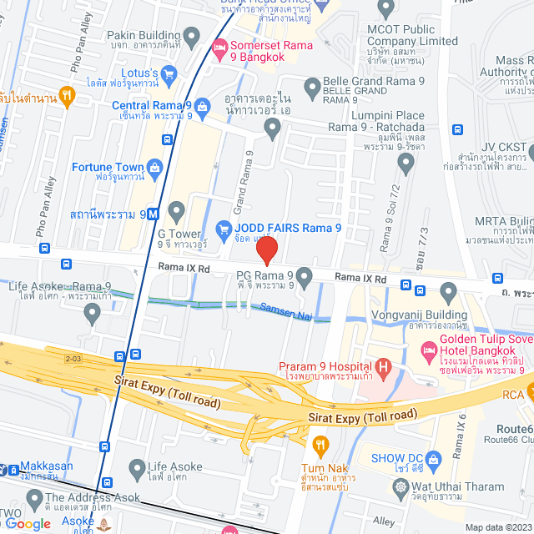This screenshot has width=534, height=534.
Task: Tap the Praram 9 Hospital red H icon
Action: pyautogui.click(x=384, y=365)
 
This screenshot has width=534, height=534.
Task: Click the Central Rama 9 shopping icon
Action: pyautogui.click(x=201, y=106)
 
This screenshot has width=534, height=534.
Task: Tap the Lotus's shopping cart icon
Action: pyautogui.click(x=169, y=73)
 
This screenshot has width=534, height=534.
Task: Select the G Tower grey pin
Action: pyautogui.click(x=176, y=209)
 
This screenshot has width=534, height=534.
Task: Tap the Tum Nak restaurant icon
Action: pyautogui.click(x=320, y=443)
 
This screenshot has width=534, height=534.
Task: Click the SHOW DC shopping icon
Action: pyautogui.click(x=433, y=458)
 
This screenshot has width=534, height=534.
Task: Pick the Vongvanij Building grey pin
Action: pyautogui.click(x=449, y=293)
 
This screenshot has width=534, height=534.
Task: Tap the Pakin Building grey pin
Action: pyautogui.click(x=192, y=36)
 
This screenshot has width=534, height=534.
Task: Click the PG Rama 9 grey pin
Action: pyautogui.click(x=305, y=275)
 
